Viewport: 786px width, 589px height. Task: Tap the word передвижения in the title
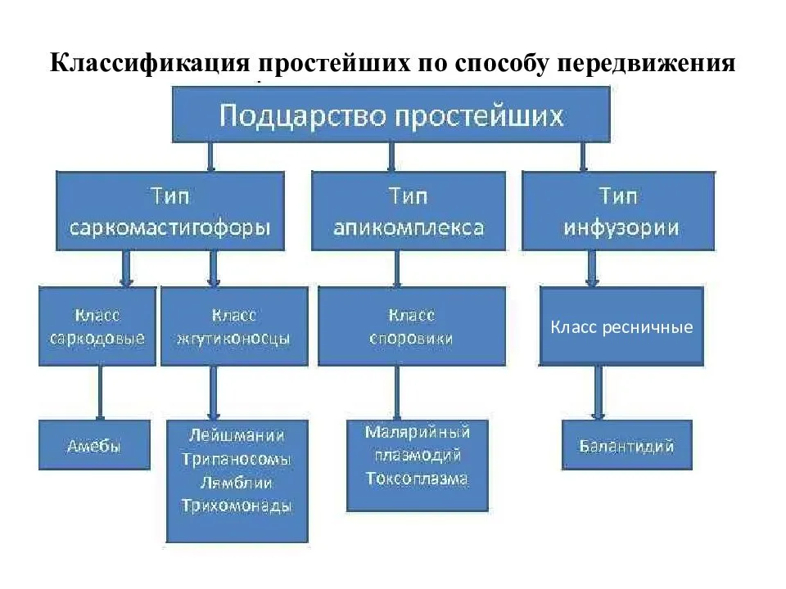(644, 63)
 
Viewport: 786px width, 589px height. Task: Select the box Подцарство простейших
(391, 114)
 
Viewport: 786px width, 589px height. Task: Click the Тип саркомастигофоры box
(170, 211)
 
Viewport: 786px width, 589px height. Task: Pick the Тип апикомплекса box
(396, 211)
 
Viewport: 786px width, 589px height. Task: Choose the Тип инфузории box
(619, 211)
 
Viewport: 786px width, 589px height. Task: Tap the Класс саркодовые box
(97, 326)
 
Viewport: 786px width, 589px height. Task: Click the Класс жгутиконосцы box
(234, 326)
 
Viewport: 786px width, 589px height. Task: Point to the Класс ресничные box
(621, 326)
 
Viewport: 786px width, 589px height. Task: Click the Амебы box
(94, 445)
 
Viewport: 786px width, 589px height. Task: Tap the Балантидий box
(626, 445)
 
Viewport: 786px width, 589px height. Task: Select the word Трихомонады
(237, 506)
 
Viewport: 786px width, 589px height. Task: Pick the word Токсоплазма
(417, 479)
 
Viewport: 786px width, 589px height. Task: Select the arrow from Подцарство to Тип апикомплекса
(391, 155)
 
